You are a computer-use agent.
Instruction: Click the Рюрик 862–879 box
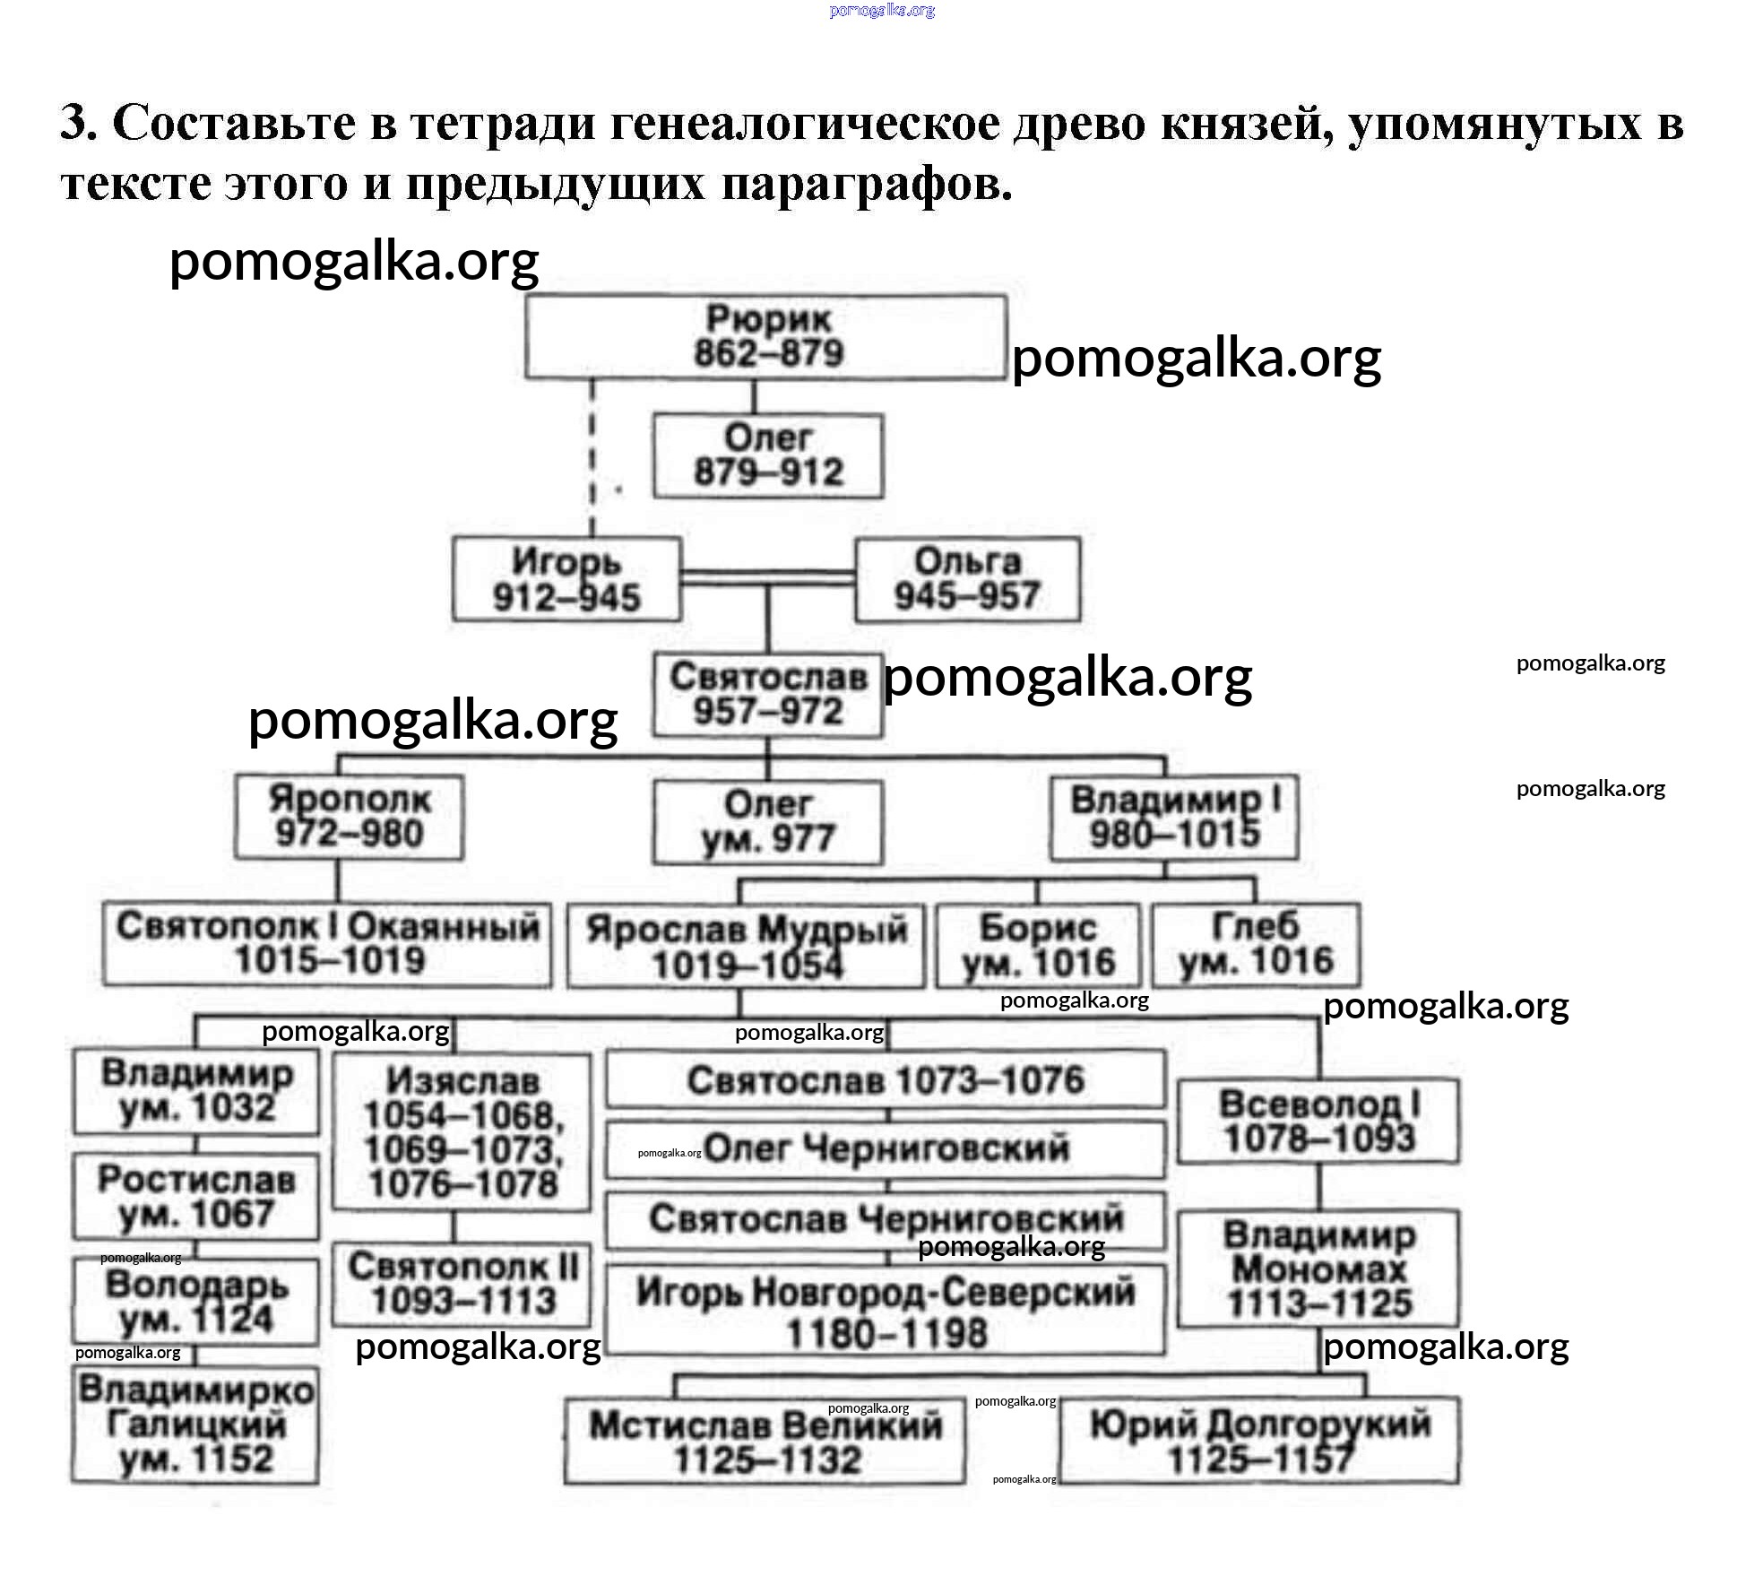pyautogui.click(x=765, y=337)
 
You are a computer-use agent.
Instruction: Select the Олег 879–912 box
pyautogui.click(x=768, y=455)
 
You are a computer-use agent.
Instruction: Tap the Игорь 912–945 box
pyautogui.click(x=566, y=579)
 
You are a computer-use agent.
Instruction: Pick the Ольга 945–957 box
pyautogui.click(x=967, y=579)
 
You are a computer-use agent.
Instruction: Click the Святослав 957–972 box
pyautogui.click(x=768, y=696)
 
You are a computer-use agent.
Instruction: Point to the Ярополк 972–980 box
pyautogui.click(x=350, y=817)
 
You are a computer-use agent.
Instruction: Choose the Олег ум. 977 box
pyautogui.click(x=768, y=822)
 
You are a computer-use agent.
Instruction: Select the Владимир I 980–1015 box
pyautogui.click(x=1174, y=817)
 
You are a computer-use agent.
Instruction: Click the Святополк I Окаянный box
pyautogui.click(x=327, y=945)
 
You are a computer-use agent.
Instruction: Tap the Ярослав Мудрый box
pyautogui.click(x=746, y=947)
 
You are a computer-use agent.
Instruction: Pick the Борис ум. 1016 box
pyautogui.click(x=1038, y=946)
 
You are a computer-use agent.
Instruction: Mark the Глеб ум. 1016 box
pyautogui.click(x=1255, y=945)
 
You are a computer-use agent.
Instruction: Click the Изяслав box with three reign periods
pyautogui.click(x=462, y=1132)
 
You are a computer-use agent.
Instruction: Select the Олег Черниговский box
pyautogui.click(x=886, y=1148)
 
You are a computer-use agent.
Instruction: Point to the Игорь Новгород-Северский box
pyautogui.click(x=886, y=1310)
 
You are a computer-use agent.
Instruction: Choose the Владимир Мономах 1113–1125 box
pyautogui.click(x=1318, y=1269)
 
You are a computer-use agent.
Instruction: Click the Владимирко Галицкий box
pyautogui.click(x=195, y=1424)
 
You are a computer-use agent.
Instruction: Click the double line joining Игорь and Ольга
pyautogui.click(x=768, y=578)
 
